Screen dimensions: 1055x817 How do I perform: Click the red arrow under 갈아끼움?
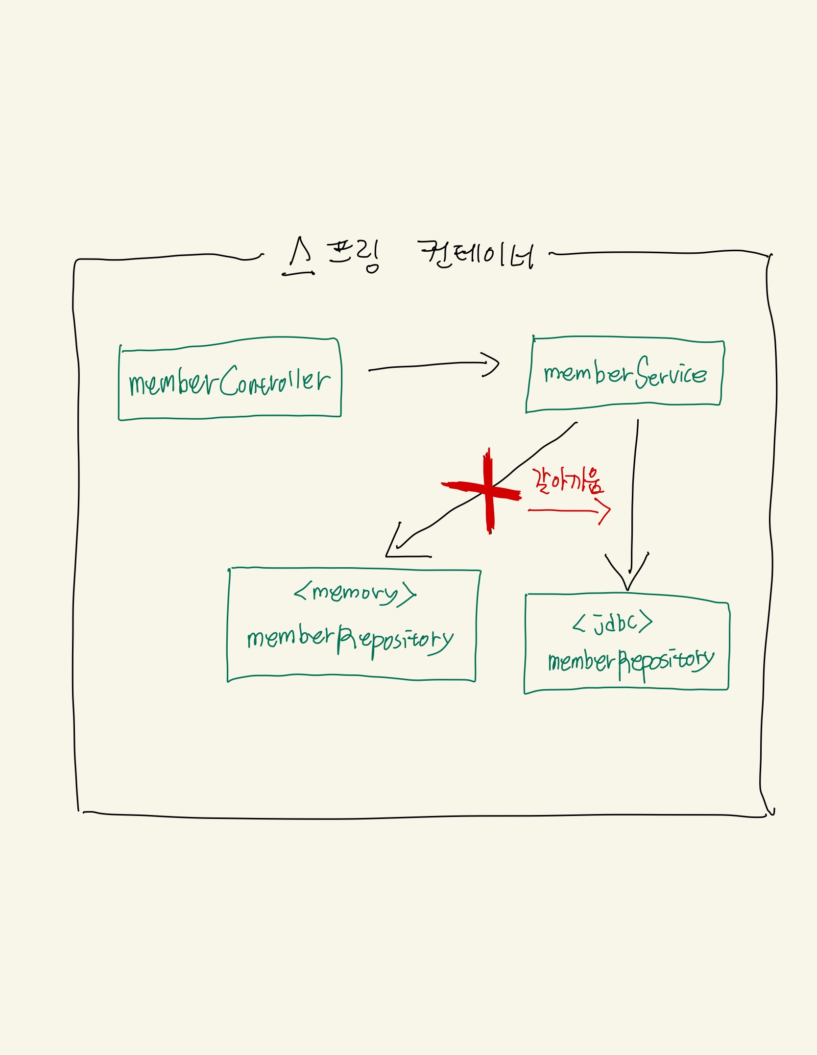coord(568,511)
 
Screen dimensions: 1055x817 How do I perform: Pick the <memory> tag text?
coord(355,593)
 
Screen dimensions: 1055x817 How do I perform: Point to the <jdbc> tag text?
coord(612,623)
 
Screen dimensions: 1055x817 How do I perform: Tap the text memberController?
coord(229,382)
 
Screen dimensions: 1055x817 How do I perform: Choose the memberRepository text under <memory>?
coord(350,639)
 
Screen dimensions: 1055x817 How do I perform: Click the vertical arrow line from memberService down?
coord(633,490)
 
